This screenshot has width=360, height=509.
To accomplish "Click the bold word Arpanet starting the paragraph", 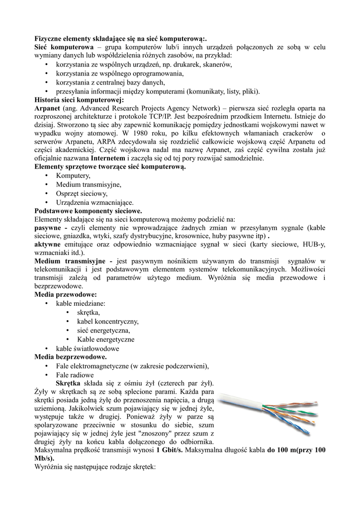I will tap(48, 108).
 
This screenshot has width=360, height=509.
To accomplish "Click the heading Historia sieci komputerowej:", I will tap(79, 99).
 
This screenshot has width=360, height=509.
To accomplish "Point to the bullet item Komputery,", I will tap(73, 175).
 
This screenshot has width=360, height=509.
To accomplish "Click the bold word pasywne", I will tap(50, 227).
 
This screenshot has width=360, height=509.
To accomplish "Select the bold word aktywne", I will tap(47, 244).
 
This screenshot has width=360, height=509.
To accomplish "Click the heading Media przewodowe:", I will tap(66, 295).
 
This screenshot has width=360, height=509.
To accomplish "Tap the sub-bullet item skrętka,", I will tap(89, 312).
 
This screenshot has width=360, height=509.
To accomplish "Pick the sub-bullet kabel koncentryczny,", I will tap(108, 321).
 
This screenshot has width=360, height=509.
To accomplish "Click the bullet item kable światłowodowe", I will tap(88, 348).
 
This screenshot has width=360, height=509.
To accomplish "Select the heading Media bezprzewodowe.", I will tap(70, 357).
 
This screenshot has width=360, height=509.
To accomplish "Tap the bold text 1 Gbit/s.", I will tap(170, 450).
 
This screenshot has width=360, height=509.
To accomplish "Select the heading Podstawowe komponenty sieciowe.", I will tap(88, 210).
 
